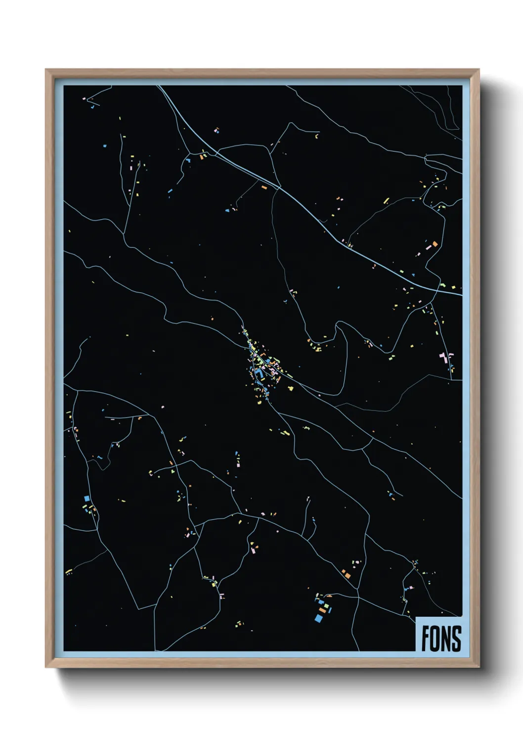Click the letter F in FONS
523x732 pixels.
425,639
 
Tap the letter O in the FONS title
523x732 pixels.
435,639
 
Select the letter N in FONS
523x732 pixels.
445,639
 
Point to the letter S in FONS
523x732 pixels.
456,639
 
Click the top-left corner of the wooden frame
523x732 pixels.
46,70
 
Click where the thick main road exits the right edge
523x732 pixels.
461,295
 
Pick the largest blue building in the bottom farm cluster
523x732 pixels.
318,618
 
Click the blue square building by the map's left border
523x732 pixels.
86,498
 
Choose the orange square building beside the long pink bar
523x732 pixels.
435,243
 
